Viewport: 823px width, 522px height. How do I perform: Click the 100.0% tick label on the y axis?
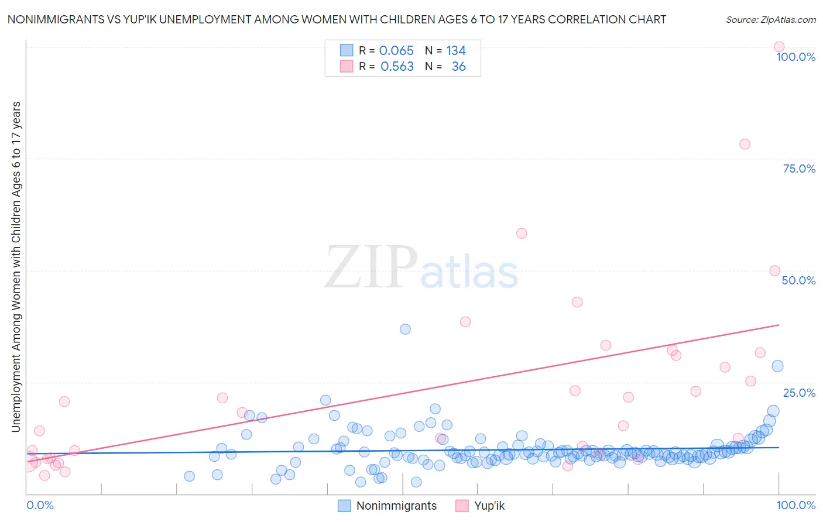click(x=795, y=57)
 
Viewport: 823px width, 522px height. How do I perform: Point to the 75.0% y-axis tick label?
click(x=799, y=169)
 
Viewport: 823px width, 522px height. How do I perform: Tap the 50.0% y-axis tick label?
click(x=798, y=280)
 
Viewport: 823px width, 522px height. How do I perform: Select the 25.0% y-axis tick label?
click(x=799, y=393)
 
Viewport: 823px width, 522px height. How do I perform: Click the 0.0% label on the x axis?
click(x=40, y=505)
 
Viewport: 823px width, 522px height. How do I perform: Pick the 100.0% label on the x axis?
click(x=795, y=505)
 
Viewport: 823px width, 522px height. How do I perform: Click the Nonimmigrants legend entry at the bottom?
click(x=396, y=506)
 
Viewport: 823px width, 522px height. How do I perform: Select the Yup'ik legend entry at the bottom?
click(x=489, y=506)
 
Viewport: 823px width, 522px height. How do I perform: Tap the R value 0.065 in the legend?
click(x=396, y=51)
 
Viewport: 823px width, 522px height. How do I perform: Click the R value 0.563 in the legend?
click(x=397, y=67)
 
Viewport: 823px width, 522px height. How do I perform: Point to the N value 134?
click(x=456, y=51)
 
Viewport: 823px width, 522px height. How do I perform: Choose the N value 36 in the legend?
click(x=458, y=67)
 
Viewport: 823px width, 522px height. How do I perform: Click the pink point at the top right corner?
click(x=779, y=47)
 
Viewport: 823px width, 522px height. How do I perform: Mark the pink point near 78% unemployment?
click(x=745, y=144)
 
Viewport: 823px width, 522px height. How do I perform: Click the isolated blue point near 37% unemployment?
click(x=405, y=329)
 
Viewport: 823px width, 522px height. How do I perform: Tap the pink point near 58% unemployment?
click(x=522, y=233)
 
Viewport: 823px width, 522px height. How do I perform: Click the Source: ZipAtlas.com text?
click(x=770, y=20)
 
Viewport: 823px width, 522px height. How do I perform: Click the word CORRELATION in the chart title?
click(x=587, y=20)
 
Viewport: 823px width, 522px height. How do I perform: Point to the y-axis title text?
click(x=16, y=267)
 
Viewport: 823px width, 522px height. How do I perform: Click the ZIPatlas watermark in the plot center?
click(x=421, y=267)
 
